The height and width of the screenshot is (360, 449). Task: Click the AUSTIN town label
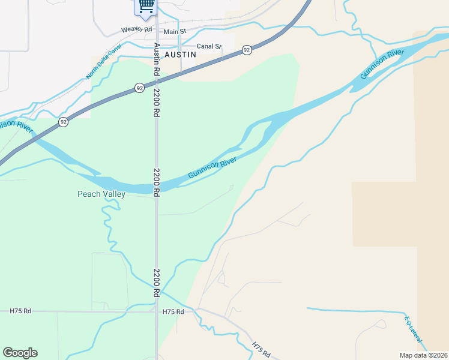click(x=181, y=54)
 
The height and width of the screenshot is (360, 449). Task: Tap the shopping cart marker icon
click(x=145, y=6)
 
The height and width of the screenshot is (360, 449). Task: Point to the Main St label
click(x=175, y=31)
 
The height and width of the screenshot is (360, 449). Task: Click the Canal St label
click(x=209, y=46)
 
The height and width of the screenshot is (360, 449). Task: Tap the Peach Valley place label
click(x=101, y=194)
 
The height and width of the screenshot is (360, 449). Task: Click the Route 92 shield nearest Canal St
click(x=247, y=50)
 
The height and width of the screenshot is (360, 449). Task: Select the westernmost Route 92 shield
click(x=63, y=122)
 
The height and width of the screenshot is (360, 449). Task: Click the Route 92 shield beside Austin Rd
click(x=139, y=88)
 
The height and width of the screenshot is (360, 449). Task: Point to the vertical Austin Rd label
click(x=157, y=59)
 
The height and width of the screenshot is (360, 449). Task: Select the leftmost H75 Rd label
click(x=20, y=311)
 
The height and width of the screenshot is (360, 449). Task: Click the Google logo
click(x=20, y=353)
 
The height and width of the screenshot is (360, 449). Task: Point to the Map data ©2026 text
click(x=423, y=355)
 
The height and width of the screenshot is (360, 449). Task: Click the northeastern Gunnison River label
click(x=381, y=65)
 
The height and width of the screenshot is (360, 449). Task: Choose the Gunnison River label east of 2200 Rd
click(x=212, y=167)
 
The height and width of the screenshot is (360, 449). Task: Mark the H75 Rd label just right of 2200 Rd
click(x=173, y=312)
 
